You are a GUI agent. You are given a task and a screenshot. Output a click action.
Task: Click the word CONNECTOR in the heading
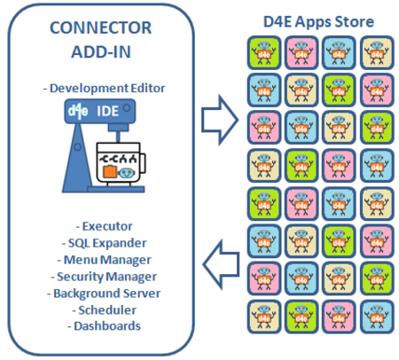[x=101, y=27]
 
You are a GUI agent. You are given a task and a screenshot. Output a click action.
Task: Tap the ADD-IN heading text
[x=101, y=52]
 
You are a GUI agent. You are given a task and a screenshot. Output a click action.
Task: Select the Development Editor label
[x=104, y=88]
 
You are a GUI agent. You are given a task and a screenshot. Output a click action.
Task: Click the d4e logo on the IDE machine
[x=78, y=111]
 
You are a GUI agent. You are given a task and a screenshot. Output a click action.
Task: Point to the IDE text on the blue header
[x=107, y=111]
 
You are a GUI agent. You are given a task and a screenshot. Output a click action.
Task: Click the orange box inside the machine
[x=110, y=172]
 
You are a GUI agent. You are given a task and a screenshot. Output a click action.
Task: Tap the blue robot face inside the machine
[x=126, y=173]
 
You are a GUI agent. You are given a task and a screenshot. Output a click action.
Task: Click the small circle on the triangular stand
[x=77, y=147]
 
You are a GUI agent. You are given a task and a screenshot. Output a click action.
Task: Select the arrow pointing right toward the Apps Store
[x=220, y=120]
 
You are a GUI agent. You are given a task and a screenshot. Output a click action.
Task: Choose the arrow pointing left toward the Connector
[x=221, y=264]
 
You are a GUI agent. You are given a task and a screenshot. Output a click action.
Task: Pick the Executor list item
[x=104, y=226]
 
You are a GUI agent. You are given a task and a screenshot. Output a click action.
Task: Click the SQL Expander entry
[x=104, y=243]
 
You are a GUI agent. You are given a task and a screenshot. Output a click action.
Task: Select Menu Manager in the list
[x=104, y=260]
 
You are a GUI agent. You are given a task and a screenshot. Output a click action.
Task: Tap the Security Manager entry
[x=104, y=277]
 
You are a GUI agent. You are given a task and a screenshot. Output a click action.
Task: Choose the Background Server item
[x=104, y=293]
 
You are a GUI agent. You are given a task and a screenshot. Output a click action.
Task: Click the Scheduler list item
[x=104, y=310]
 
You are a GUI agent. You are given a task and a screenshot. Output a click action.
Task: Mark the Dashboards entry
[x=104, y=326]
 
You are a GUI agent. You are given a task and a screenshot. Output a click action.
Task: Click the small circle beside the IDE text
[x=127, y=108]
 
